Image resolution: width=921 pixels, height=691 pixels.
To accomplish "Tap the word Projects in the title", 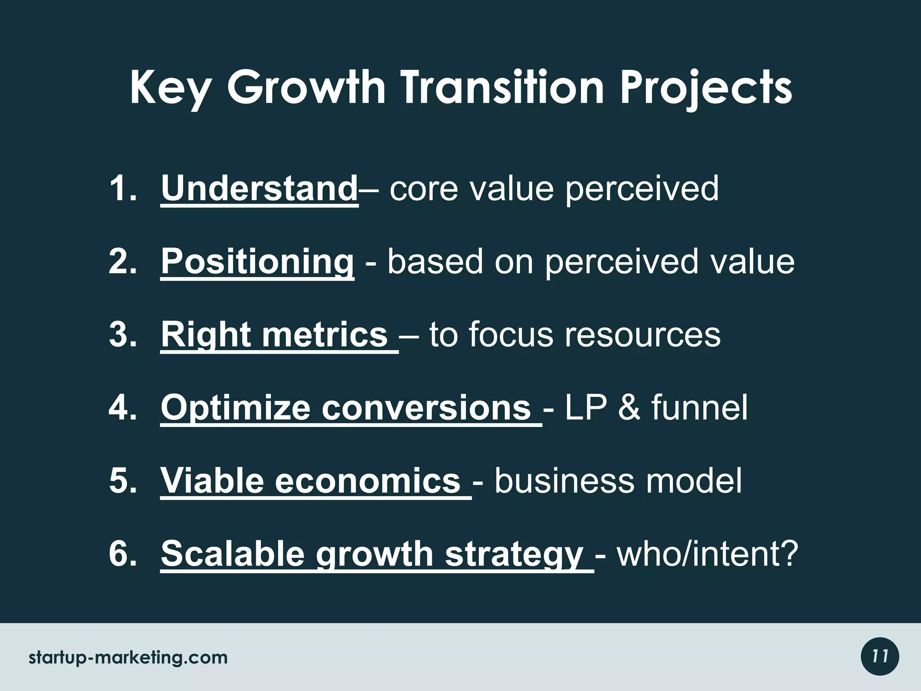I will pyautogui.click(x=706, y=89).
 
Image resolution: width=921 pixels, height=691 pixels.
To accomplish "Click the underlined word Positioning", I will pyautogui.click(x=257, y=262).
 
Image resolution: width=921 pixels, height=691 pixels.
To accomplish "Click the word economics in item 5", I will pyautogui.click(x=367, y=480).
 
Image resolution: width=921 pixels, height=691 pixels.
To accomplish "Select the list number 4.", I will pyautogui.click(x=122, y=407).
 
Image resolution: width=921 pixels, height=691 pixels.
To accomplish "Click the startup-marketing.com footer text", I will pyautogui.click(x=128, y=658).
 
